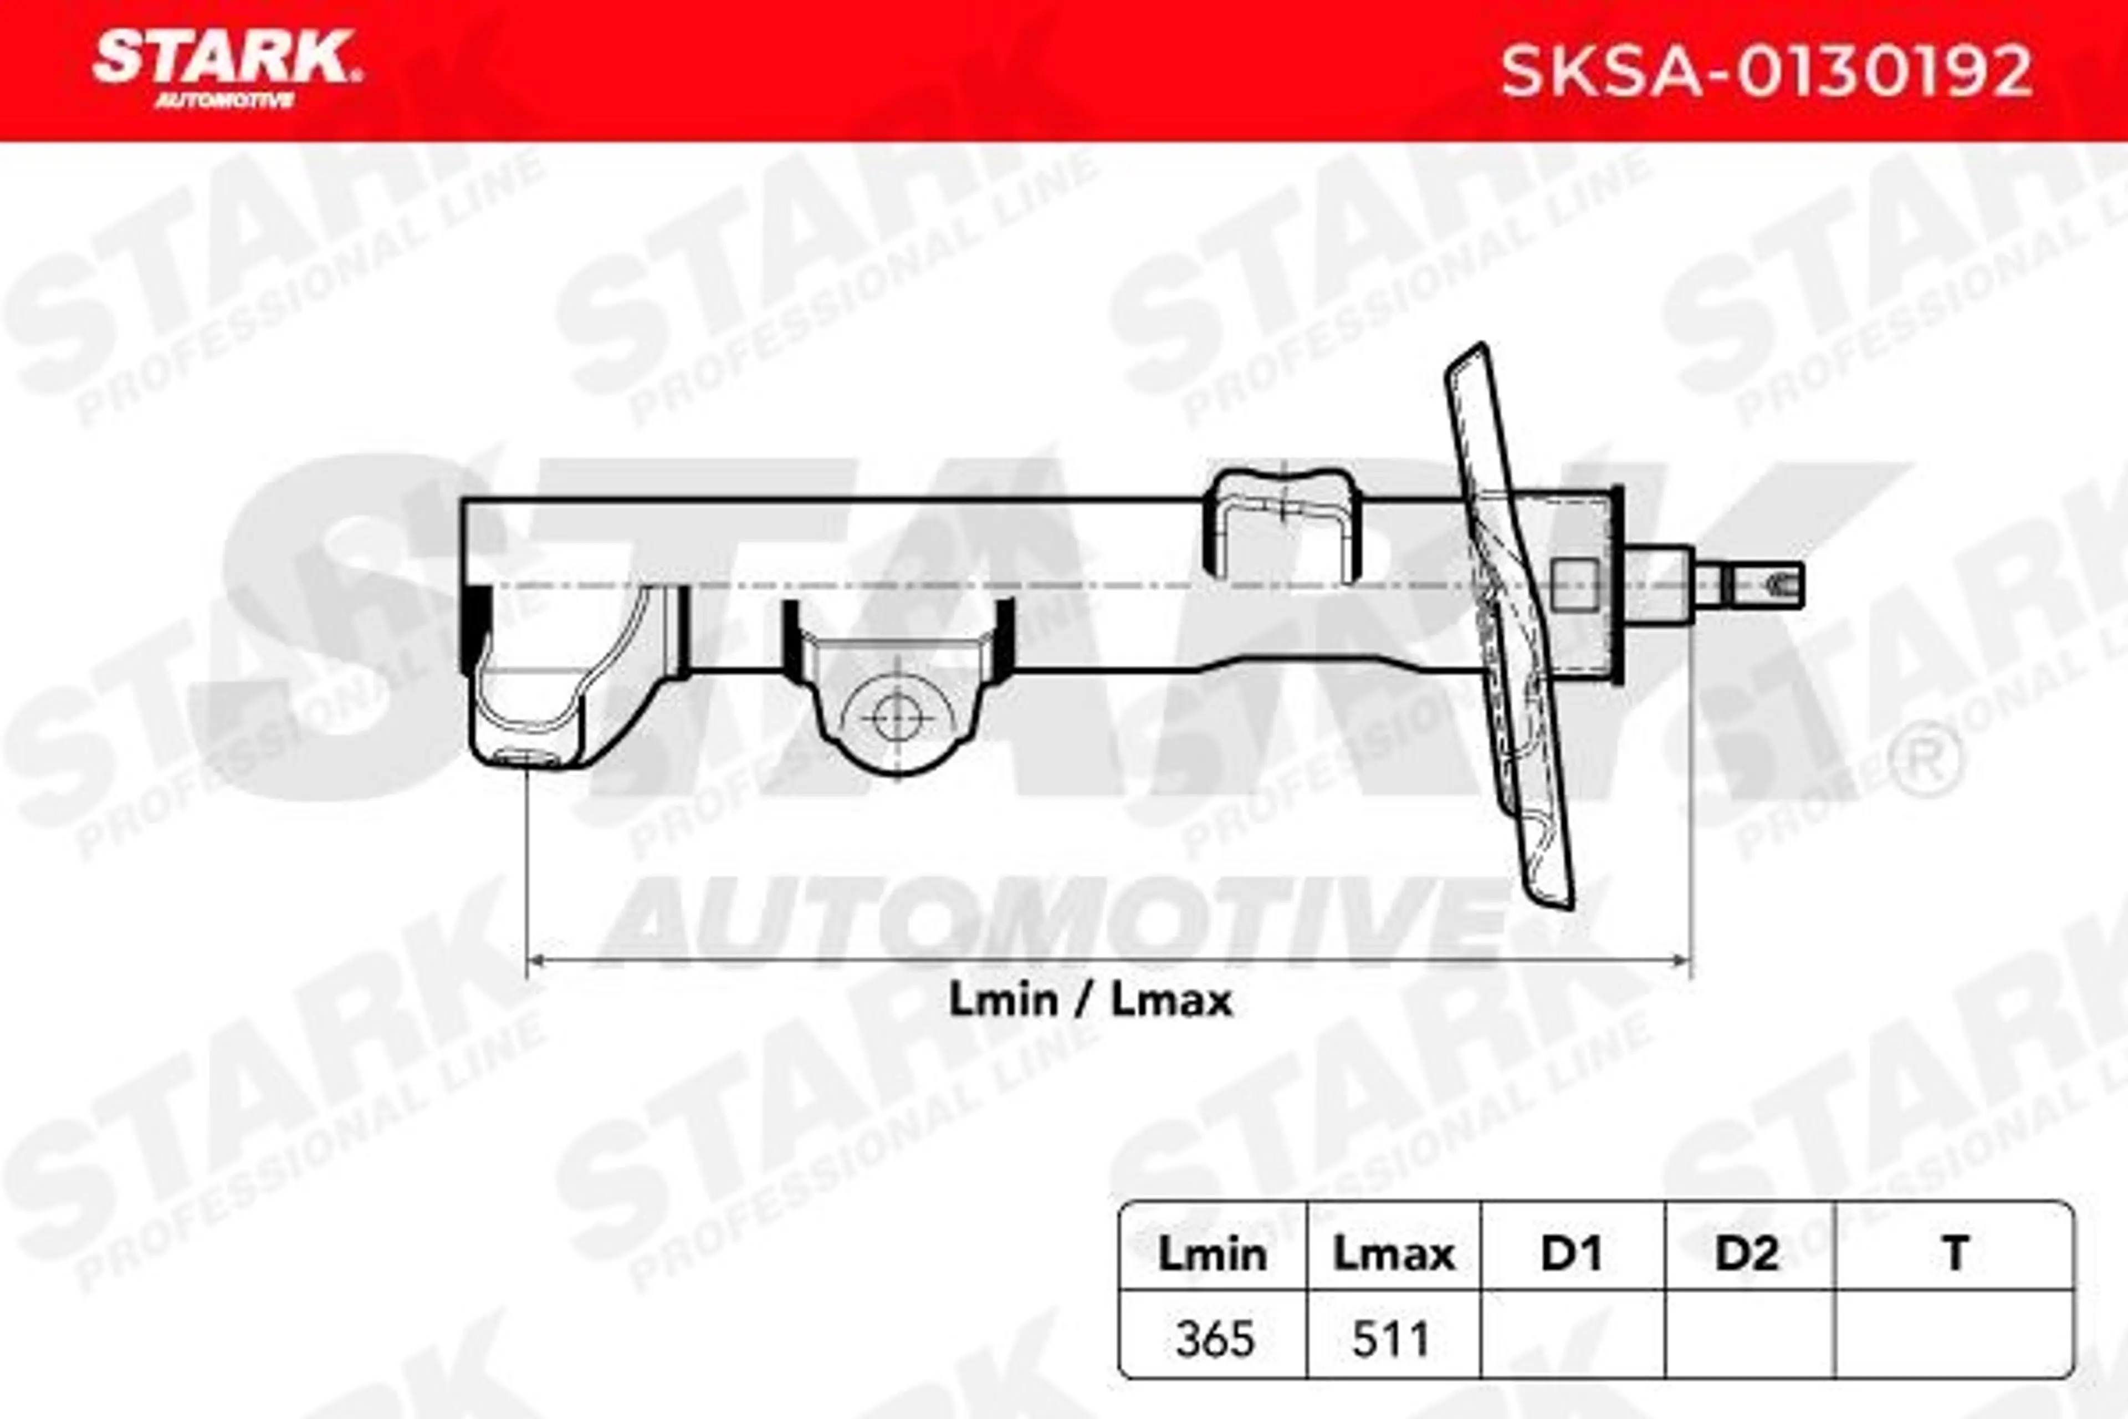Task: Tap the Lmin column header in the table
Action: pos(1213,1253)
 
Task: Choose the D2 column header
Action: pos(1747,1253)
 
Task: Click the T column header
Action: pos(1955,1253)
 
